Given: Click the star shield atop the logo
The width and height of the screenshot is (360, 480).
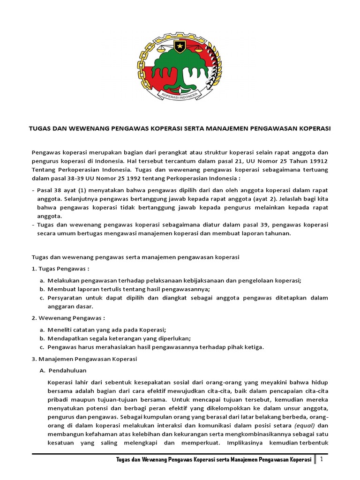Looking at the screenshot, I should click(180, 46).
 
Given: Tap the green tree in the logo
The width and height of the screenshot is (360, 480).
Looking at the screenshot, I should click(180, 66).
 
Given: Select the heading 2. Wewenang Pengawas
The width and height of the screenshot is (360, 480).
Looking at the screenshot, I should click(65, 318).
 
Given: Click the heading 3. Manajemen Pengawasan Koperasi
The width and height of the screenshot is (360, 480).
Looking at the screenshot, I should click(84, 359).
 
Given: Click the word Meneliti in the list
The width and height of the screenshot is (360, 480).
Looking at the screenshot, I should click(60, 329).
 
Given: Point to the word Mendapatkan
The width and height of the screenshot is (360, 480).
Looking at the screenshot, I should click(67, 338).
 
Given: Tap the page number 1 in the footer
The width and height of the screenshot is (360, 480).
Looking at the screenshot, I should click(322, 460).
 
